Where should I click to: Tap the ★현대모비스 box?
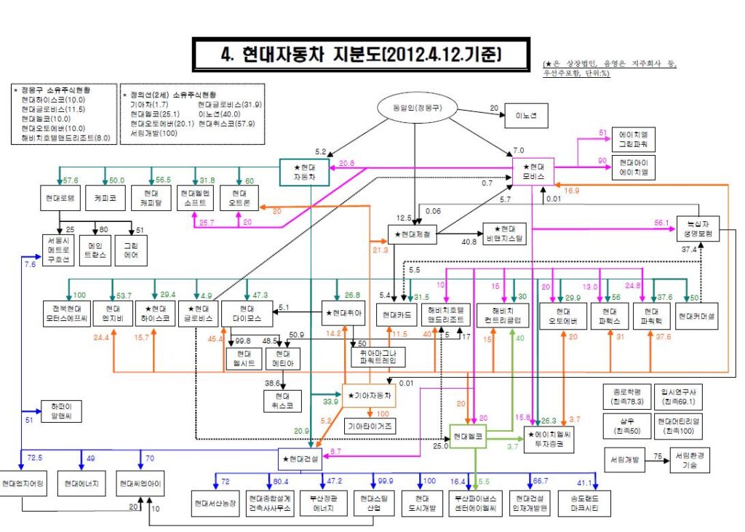pyautogui.click(x=534, y=172)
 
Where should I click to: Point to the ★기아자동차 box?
pyautogui.click(x=370, y=395)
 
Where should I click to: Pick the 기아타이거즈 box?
pyautogui.click(x=371, y=426)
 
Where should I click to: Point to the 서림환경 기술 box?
pyautogui.click(x=690, y=461)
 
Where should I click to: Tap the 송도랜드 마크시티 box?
pyautogui.click(x=585, y=503)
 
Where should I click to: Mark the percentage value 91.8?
pyautogui.click(x=207, y=180)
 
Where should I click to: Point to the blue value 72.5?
pyautogui.click(x=35, y=457)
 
